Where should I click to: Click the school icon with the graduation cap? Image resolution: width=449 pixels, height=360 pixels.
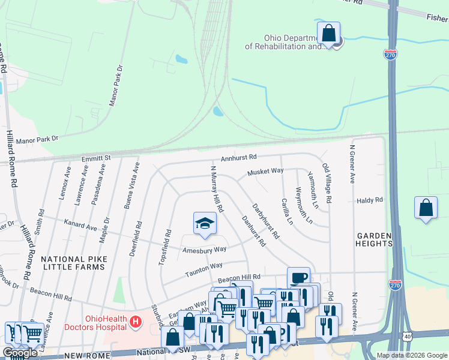click(x=205, y=223)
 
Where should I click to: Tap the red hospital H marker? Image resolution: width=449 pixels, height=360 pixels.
click(x=136, y=322)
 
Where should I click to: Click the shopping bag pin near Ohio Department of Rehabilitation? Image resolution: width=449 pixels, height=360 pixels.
click(x=329, y=33)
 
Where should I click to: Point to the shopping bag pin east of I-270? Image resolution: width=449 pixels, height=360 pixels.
click(x=426, y=208)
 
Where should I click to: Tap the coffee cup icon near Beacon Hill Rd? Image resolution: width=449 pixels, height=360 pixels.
click(x=299, y=278)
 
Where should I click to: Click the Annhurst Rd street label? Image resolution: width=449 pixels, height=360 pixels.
click(x=238, y=157)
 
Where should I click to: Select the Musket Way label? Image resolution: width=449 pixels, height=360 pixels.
click(x=265, y=172)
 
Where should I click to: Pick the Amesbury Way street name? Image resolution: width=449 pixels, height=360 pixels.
click(x=205, y=249)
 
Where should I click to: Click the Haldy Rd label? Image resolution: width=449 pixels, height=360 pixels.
click(x=369, y=200)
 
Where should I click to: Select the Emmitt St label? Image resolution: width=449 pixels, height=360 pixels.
click(x=97, y=158)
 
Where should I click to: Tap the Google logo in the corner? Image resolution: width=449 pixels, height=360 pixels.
click(x=20, y=353)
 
